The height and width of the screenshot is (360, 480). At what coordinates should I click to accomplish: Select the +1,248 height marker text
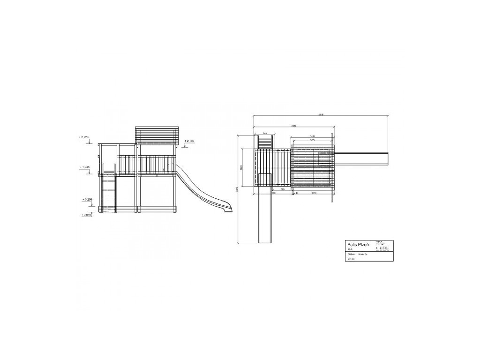[85, 167]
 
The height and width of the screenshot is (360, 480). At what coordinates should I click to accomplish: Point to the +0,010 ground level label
[87, 215]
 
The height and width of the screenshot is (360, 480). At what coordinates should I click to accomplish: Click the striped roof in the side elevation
[157, 135]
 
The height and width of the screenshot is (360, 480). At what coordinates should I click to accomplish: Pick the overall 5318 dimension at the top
[320, 114]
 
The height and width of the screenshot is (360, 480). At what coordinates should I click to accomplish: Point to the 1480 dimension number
[312, 136]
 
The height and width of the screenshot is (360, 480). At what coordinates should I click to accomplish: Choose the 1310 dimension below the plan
[314, 193]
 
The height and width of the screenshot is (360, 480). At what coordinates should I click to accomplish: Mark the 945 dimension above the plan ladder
[265, 133]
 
